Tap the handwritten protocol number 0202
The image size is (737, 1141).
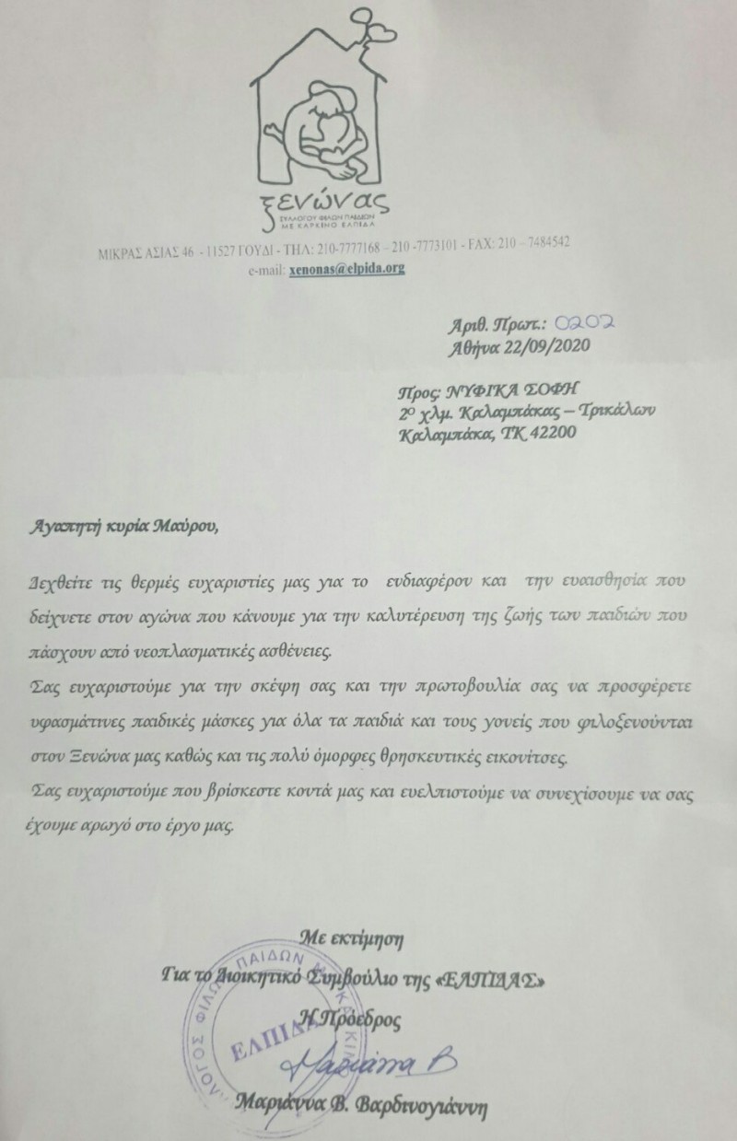pyautogui.click(x=585, y=323)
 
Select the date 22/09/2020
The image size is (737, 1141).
pyautogui.click(x=532, y=347)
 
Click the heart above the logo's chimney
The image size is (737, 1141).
pyautogui.click(x=379, y=30)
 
